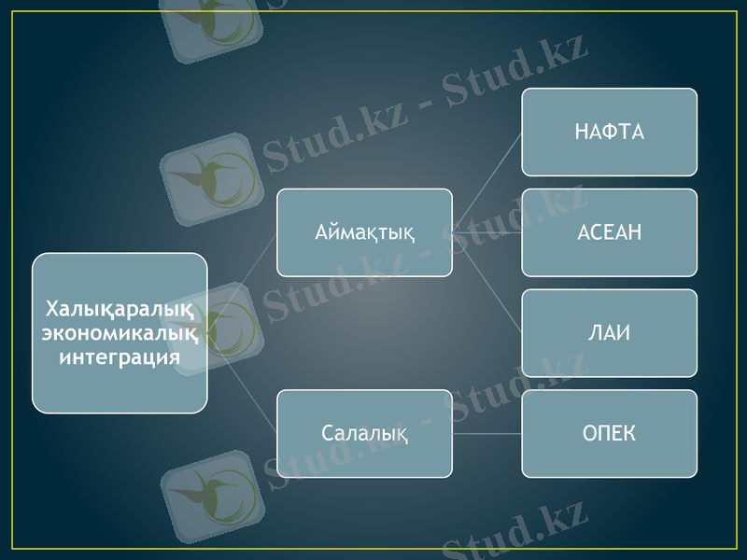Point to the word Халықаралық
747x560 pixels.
[120, 309]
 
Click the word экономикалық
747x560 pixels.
[120, 332]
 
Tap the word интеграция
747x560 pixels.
[120, 356]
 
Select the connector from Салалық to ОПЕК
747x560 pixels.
[486, 434]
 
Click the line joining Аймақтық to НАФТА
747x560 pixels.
[486, 183]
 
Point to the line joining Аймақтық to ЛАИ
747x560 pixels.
[486, 282]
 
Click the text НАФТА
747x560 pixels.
[609, 132]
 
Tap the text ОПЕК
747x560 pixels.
[609, 433]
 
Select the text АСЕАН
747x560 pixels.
[609, 232]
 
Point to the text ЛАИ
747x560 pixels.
[609, 333]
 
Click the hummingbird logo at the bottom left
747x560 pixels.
[212, 495]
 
